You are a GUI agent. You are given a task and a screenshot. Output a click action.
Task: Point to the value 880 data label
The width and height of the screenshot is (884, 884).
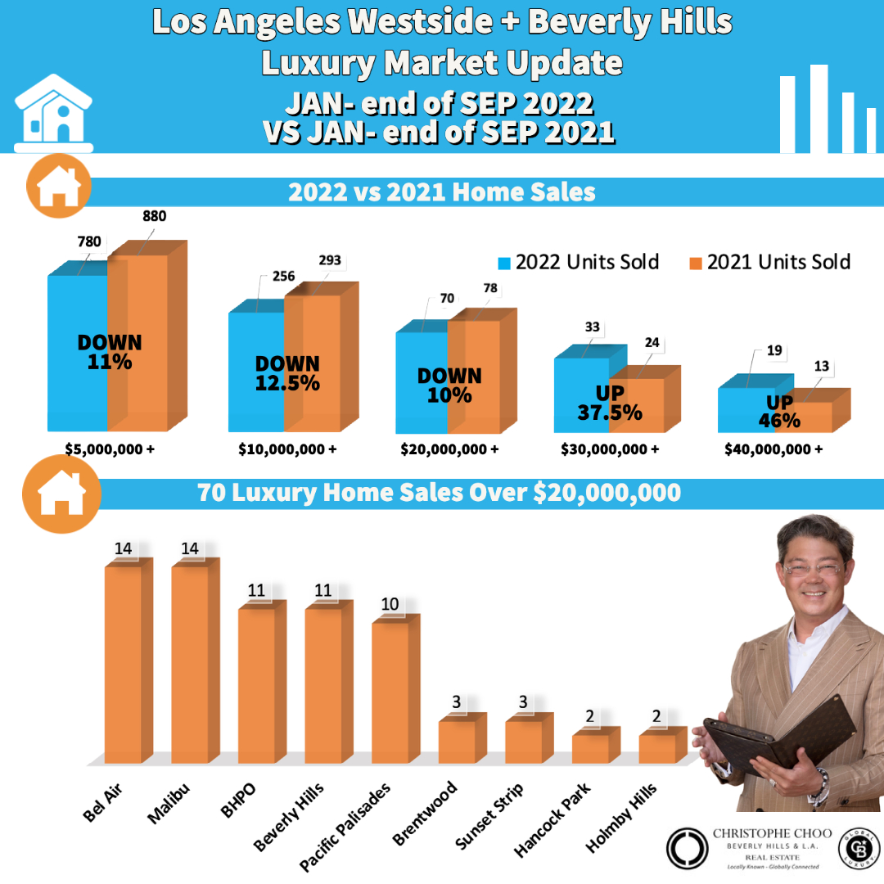click(x=154, y=217)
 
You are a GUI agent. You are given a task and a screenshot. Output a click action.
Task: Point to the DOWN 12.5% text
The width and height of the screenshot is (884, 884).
click(x=287, y=373)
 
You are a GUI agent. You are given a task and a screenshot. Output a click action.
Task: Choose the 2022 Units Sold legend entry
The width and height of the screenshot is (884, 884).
click(x=578, y=262)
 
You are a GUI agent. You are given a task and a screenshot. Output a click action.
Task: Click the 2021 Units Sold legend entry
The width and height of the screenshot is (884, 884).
click(x=769, y=262)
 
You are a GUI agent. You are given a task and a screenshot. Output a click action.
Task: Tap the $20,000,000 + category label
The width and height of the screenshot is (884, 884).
click(x=449, y=449)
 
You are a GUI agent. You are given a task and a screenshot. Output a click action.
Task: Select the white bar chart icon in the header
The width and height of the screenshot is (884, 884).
click(x=827, y=110)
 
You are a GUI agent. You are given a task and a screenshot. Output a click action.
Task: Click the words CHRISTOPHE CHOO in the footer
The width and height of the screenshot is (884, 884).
click(x=772, y=834)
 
